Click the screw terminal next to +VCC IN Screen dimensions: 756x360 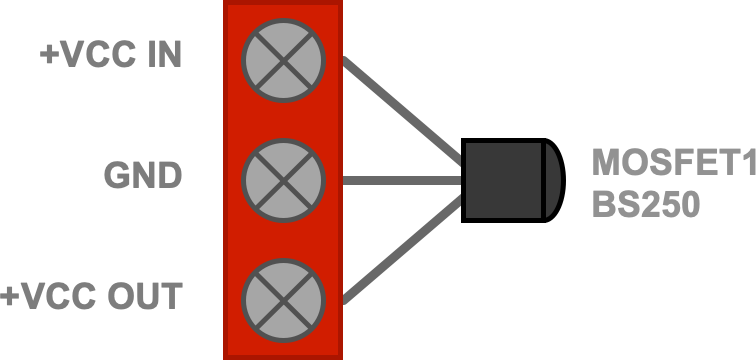tap(284, 61)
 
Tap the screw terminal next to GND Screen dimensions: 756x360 tap(284, 181)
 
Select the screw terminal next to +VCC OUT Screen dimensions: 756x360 tap(284, 301)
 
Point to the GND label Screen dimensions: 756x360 tap(143, 175)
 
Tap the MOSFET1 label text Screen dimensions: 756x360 tap(674, 162)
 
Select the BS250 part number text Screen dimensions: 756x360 tap(646, 204)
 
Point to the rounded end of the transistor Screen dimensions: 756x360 tap(555, 180)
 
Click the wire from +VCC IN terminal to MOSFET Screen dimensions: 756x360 tap(403, 111)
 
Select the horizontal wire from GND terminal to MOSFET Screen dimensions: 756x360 tap(402, 181)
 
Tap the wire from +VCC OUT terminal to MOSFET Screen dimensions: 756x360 tap(403, 250)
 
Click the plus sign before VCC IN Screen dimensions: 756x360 tap(48, 54)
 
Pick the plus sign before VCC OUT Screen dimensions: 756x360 tap(8, 296)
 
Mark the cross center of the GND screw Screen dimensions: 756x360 tap(284, 181)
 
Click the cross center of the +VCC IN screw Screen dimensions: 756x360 tap(284, 61)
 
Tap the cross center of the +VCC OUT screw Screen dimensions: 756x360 tap(284, 301)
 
